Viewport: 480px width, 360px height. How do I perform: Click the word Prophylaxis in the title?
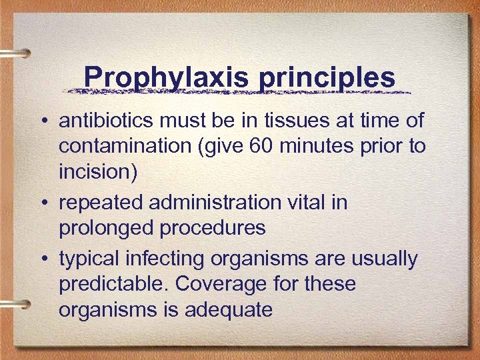(x=167, y=77)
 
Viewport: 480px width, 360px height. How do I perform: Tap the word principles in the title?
(x=327, y=77)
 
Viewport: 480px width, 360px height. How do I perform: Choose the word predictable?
(x=113, y=284)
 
